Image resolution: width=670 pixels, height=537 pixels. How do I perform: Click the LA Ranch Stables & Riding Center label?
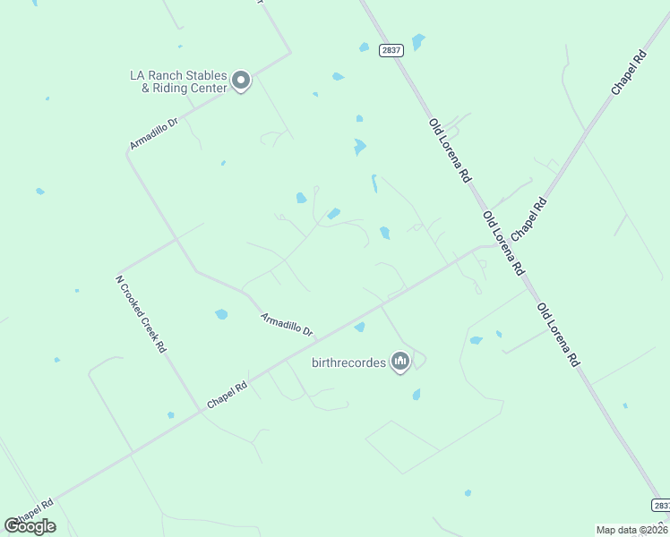tap(178, 81)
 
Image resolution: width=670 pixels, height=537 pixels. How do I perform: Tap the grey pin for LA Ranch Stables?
tap(241, 81)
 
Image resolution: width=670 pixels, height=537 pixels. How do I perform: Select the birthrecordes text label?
tap(348, 362)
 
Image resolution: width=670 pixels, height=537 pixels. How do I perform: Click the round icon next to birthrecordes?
tap(400, 362)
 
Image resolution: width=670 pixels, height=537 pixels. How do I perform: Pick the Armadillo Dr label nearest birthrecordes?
tap(287, 323)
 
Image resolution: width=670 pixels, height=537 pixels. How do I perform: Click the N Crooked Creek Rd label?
tap(141, 313)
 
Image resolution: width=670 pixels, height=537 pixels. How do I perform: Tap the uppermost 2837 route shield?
tap(391, 50)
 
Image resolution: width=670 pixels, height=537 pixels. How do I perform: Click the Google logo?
tap(30, 526)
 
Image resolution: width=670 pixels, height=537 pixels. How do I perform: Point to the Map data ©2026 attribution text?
tap(632, 530)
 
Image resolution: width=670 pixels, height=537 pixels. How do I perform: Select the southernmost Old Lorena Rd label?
tap(557, 336)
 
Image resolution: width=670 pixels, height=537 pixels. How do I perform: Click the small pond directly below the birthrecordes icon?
tap(417, 394)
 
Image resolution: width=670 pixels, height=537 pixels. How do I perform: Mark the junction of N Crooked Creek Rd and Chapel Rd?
tap(200, 412)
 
